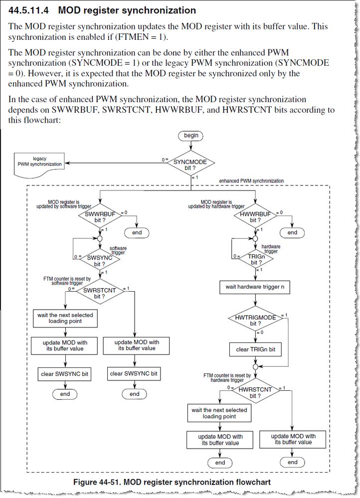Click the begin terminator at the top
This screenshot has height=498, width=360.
(x=191, y=135)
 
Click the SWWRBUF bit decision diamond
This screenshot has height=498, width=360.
(x=100, y=216)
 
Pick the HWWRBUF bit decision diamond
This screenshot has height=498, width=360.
(x=255, y=216)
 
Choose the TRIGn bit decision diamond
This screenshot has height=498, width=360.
(x=255, y=258)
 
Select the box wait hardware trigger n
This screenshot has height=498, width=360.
(x=256, y=287)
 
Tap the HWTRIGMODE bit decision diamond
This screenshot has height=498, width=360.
(x=256, y=320)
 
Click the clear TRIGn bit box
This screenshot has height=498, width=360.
(x=255, y=349)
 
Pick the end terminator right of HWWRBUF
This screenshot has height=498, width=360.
(x=292, y=232)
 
